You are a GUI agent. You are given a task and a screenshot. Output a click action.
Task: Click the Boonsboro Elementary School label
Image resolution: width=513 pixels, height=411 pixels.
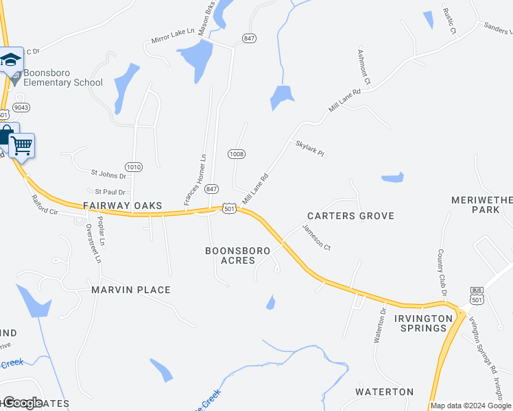click(x=62, y=77)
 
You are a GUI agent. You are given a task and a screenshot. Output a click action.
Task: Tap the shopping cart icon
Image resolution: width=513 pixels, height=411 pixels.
click(x=21, y=145)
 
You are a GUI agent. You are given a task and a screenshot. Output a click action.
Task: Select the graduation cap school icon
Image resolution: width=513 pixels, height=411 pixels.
click(x=11, y=60)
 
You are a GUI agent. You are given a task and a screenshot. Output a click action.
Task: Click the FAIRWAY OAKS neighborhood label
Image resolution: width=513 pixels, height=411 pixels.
click(x=123, y=206)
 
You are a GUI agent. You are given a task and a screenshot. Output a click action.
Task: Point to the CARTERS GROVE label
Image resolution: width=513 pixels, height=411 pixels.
click(x=350, y=216)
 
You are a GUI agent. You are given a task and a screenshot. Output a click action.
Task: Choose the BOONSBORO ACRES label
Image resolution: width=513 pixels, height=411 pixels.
click(x=239, y=256)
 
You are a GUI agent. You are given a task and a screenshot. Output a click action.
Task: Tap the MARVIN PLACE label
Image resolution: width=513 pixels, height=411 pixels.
click(x=131, y=290)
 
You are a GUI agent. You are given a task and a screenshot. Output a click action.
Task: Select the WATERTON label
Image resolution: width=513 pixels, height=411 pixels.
click(x=384, y=392)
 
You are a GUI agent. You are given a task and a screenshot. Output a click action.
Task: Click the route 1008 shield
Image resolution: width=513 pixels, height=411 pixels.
click(x=237, y=154)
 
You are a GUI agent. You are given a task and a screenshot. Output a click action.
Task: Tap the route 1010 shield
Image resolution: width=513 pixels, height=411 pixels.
click(x=134, y=166)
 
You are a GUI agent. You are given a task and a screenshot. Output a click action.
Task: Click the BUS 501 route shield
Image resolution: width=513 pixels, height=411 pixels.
click(x=477, y=296)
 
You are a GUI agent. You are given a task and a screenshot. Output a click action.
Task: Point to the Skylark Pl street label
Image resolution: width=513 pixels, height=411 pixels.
click(x=309, y=148)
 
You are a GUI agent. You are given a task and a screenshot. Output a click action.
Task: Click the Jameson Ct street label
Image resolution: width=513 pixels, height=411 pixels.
click(x=317, y=238)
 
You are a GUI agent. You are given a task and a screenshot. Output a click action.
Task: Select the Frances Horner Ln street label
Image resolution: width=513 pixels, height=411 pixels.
click(x=195, y=179)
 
